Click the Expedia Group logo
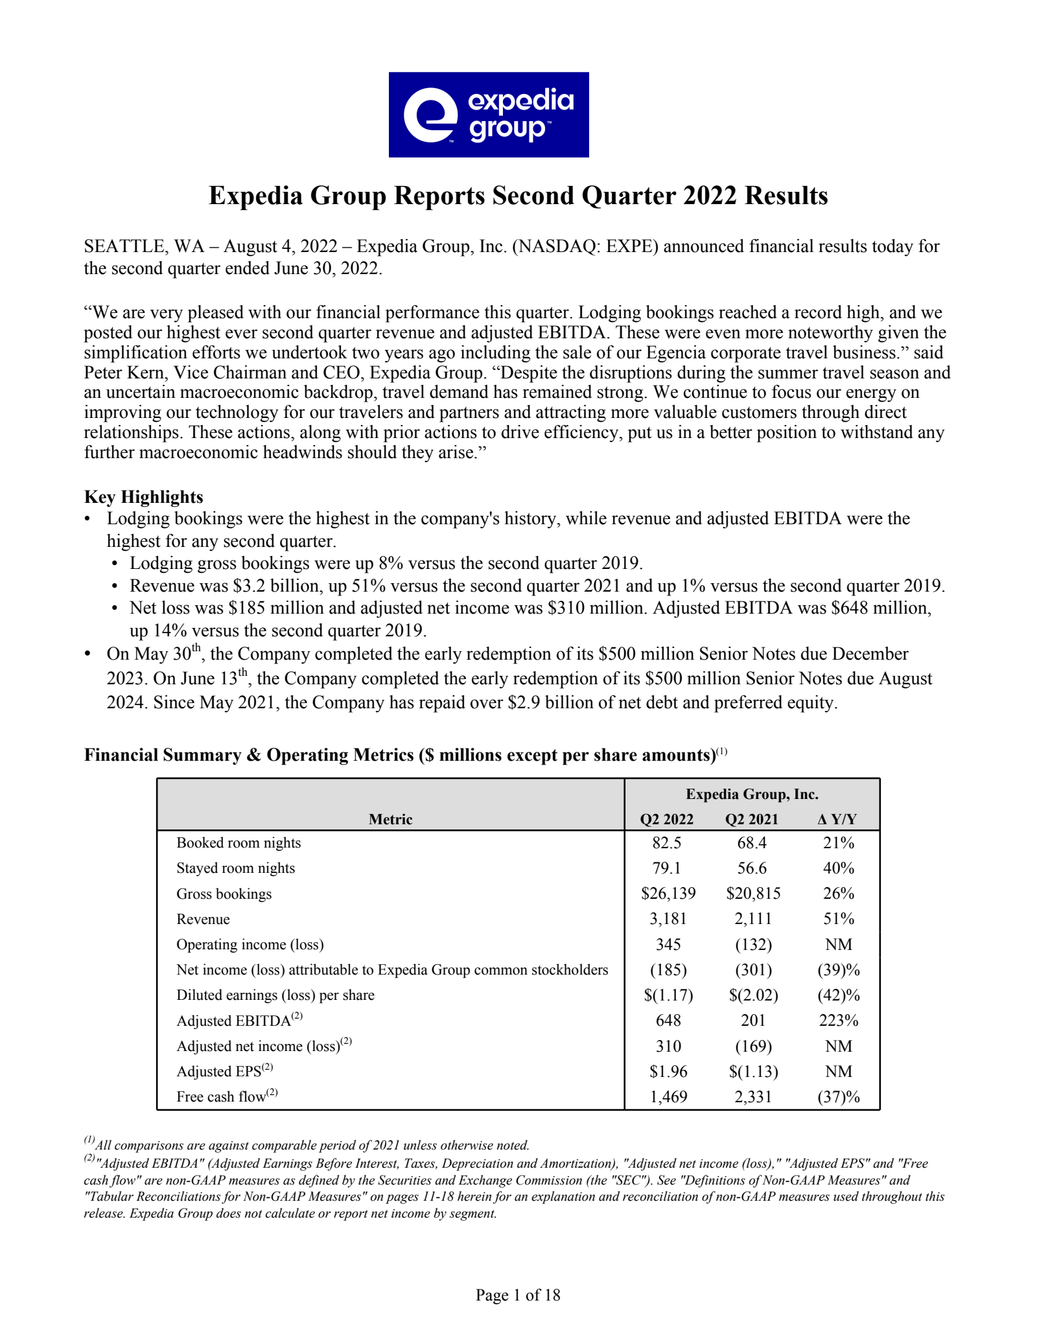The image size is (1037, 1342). (x=489, y=115)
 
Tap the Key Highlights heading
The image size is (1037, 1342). (x=143, y=497)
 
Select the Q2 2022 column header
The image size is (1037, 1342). (x=666, y=819)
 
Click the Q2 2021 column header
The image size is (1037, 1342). (x=751, y=819)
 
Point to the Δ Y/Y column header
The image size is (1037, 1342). (x=837, y=819)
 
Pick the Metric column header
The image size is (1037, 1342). (x=390, y=819)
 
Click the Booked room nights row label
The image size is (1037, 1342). (x=239, y=843)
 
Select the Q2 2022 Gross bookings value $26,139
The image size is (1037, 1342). (x=668, y=894)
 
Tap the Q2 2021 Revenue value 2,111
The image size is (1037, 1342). (x=753, y=919)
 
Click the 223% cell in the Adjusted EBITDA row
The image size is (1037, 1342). (x=839, y=1021)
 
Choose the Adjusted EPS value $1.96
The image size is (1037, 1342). (x=668, y=1072)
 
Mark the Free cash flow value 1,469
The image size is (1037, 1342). (x=668, y=1097)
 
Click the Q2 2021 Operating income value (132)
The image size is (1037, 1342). (x=753, y=944)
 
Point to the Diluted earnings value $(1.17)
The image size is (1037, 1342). (x=668, y=995)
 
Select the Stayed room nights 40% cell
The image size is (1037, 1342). (x=839, y=868)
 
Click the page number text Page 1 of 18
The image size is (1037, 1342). (x=518, y=1295)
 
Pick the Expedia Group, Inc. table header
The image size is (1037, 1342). (x=752, y=794)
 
